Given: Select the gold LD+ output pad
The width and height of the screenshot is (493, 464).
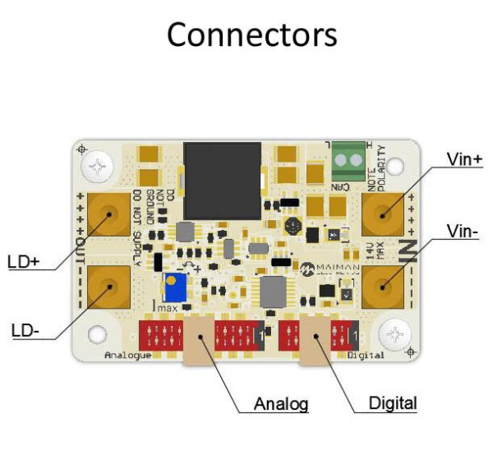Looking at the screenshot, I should [107, 215].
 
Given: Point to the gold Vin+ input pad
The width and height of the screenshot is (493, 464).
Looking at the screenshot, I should [383, 215].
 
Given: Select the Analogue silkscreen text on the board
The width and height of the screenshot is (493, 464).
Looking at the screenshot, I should [128, 355].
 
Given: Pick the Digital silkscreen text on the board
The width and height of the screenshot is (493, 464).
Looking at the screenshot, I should [366, 355].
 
